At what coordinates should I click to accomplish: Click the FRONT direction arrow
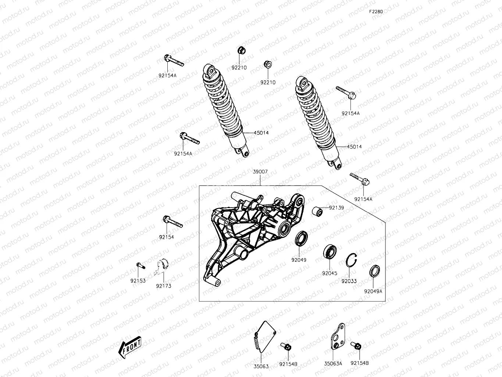point(129,347)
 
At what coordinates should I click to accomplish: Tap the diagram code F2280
point(376,11)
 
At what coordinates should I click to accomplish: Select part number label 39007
point(260,172)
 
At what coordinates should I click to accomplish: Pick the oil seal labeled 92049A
point(374,271)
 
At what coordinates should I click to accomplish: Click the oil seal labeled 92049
point(301,239)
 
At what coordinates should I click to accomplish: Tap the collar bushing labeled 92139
point(317,212)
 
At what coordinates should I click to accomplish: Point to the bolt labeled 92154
point(172,222)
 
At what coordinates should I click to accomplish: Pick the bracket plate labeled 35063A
point(337,337)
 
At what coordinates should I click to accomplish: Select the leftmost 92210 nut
point(239,50)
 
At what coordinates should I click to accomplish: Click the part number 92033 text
point(349,281)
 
